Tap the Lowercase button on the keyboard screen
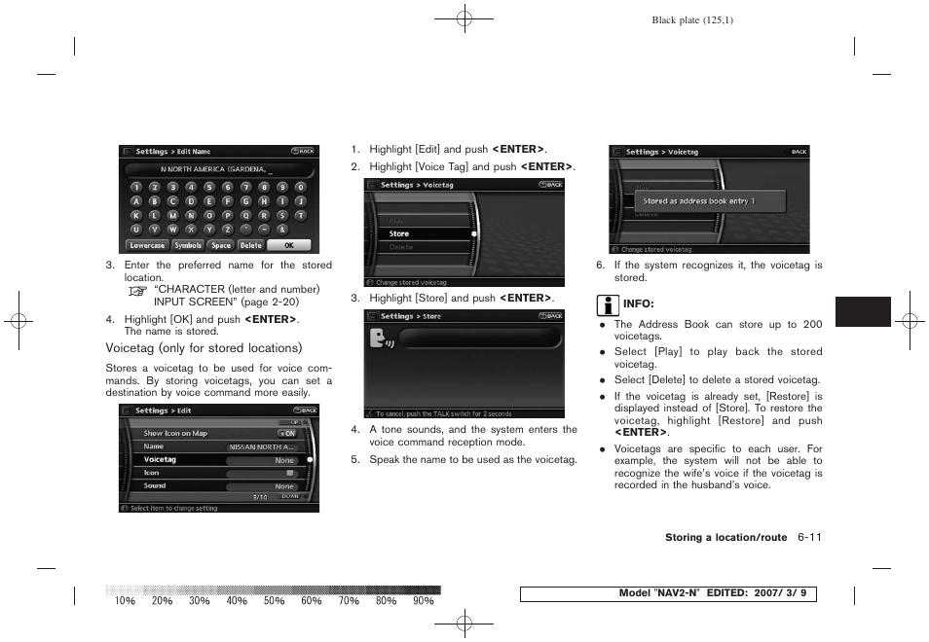[x=147, y=245]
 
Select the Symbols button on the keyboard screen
[x=188, y=245]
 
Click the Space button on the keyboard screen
[x=221, y=245]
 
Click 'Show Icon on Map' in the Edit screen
[x=176, y=433]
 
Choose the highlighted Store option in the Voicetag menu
[x=419, y=233]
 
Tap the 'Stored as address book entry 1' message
[x=698, y=201]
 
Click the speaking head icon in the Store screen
[x=381, y=339]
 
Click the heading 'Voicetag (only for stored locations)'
[x=204, y=348]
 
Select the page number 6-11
[x=809, y=537]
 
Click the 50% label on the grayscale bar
[x=274, y=601]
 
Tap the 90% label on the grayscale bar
[x=423, y=601]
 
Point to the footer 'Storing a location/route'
[x=725, y=538]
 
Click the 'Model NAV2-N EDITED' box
[x=667, y=594]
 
